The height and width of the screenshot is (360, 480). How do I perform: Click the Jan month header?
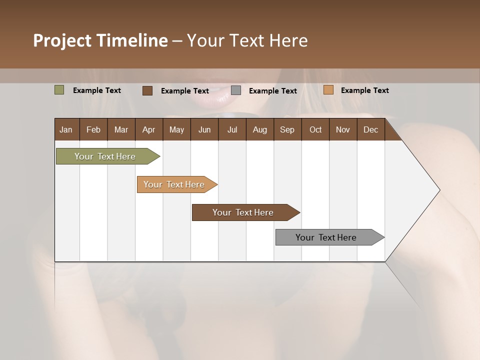tap(66, 129)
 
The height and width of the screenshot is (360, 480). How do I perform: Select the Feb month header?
tap(93, 129)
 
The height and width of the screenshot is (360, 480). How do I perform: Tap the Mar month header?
tap(121, 129)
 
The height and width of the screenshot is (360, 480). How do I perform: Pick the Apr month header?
tap(149, 129)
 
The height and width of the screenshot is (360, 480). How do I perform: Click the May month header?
tap(176, 129)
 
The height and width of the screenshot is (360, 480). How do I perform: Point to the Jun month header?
tap(204, 129)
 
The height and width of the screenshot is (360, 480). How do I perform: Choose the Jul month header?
tap(232, 129)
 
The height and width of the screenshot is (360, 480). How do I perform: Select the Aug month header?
tap(260, 129)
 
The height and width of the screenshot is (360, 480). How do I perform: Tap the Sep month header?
tap(287, 129)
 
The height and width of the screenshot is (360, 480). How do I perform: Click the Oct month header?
tap(315, 129)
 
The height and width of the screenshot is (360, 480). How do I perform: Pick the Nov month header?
tap(343, 129)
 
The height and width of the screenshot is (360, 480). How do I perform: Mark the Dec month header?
tap(371, 129)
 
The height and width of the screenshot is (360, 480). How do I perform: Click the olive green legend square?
tap(59, 90)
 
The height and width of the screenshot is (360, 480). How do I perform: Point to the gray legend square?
tap(236, 90)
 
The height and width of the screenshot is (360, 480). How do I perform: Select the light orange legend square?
tap(328, 90)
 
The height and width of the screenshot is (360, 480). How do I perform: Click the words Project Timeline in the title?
tap(100, 40)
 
